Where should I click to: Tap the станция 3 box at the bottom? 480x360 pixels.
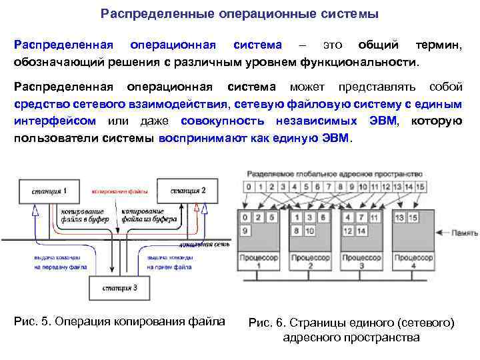tap(120, 288)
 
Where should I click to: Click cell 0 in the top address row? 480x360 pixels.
tap(248, 187)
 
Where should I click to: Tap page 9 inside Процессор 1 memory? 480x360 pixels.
tap(246, 231)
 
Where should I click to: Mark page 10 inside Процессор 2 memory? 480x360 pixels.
tap(310, 231)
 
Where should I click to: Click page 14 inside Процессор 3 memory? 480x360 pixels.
tap(361, 231)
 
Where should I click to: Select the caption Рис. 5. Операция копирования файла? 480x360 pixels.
tap(119, 321)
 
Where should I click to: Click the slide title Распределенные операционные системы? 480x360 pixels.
tap(239, 13)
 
